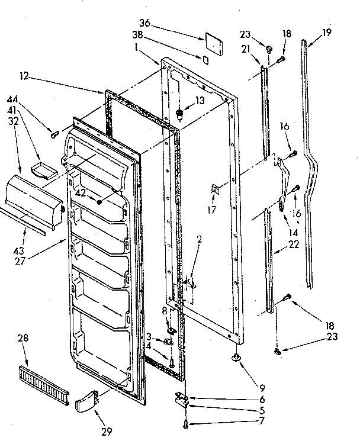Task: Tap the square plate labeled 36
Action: (211, 41)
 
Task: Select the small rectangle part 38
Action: (205, 60)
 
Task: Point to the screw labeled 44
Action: (54, 135)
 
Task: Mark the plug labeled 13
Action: (181, 113)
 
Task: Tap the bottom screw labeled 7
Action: (187, 422)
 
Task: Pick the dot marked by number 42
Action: (99, 202)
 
